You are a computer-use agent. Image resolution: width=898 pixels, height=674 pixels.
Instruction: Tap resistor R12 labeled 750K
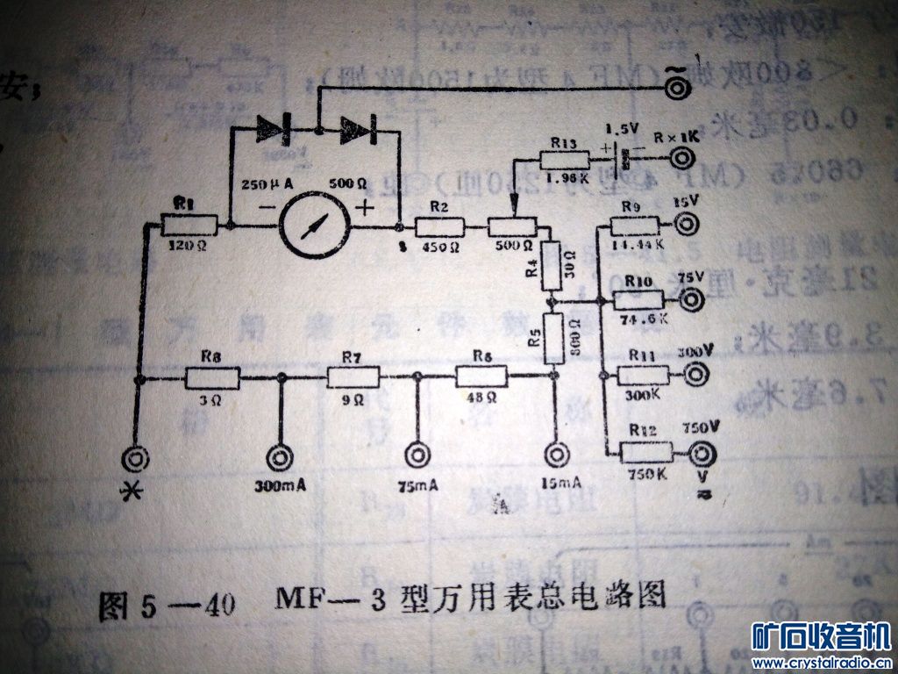point(646,453)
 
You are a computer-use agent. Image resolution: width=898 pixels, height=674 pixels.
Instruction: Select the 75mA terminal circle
point(417,457)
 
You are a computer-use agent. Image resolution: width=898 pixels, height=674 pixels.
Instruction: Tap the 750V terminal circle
point(702,453)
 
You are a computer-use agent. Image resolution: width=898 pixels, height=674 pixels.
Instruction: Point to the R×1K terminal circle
point(684,159)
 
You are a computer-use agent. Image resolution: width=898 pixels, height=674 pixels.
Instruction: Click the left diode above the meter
point(274,130)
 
